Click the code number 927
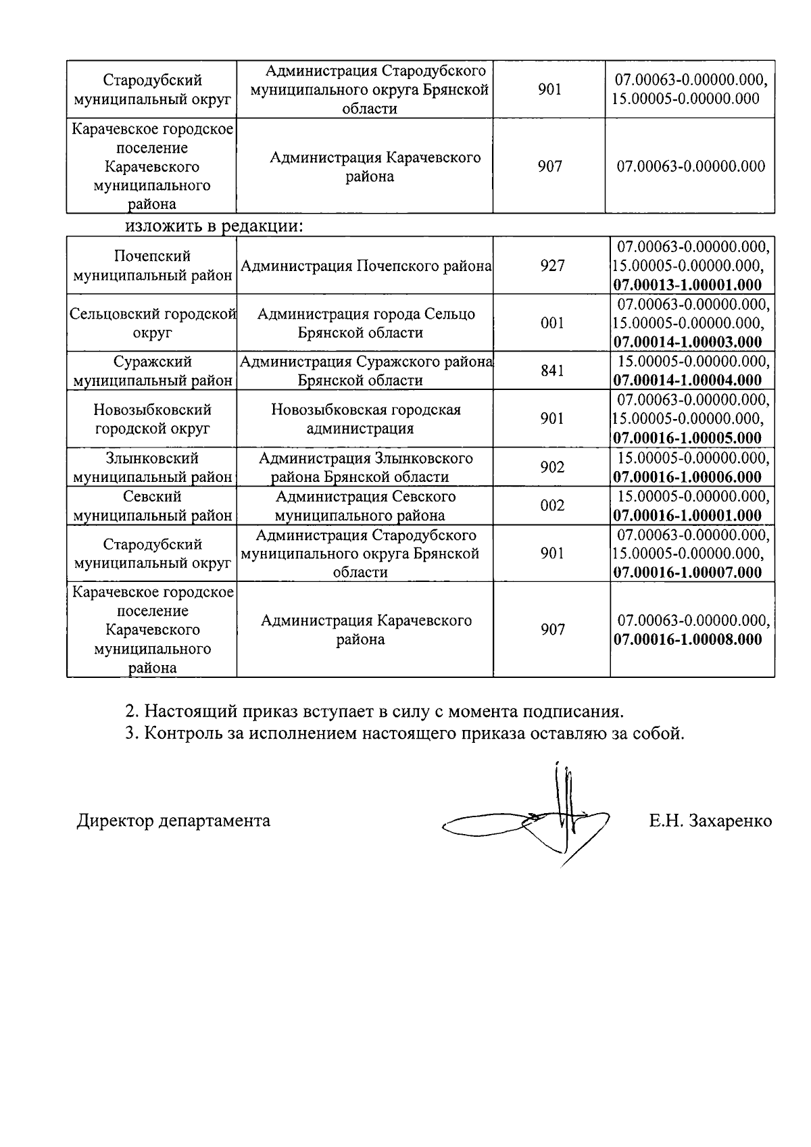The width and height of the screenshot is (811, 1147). [552, 266]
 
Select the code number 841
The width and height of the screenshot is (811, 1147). [552, 370]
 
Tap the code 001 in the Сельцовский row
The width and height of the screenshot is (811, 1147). [552, 323]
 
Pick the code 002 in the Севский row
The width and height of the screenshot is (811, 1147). [552, 506]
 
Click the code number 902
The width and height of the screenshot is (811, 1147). [552, 467]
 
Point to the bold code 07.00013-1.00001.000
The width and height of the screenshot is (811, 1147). [687, 285]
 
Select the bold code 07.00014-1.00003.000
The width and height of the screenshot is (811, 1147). [687, 342]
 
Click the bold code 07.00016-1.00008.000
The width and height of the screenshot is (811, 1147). [687, 639]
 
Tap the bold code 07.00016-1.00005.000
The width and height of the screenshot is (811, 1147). [687, 437]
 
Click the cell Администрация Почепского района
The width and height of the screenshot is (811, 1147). [366, 266]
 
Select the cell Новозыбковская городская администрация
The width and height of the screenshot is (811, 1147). [366, 419]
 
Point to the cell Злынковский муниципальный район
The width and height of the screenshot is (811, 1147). [153, 468]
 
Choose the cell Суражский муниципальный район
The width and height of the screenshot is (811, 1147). [153, 371]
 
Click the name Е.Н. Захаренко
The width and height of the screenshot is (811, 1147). [710, 821]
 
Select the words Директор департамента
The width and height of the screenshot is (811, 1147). [173, 821]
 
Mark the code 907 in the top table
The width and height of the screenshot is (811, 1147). [549, 166]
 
